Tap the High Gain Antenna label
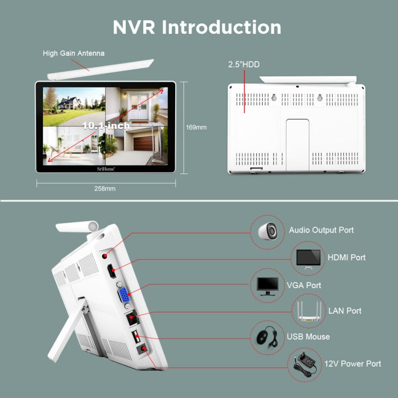[x=73, y=53]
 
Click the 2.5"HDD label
[x=244, y=65]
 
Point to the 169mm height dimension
[x=196, y=127]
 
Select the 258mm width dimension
[x=105, y=188]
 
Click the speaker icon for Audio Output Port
[x=267, y=230]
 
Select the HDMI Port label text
[x=346, y=257]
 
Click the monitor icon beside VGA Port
[x=267, y=285]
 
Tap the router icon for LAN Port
[x=309, y=311]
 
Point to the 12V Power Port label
[x=353, y=364]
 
